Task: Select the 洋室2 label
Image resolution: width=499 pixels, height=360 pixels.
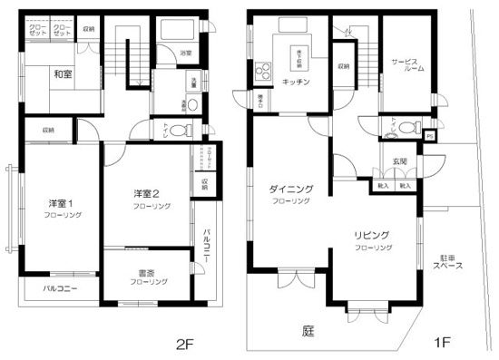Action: click(x=147, y=193)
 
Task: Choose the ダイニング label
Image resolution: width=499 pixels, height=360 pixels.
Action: click(x=291, y=189)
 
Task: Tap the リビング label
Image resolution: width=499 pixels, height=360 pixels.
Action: click(x=372, y=235)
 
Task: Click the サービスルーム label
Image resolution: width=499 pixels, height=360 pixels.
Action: click(x=406, y=65)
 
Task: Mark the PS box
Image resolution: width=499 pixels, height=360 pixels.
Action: click(x=429, y=135)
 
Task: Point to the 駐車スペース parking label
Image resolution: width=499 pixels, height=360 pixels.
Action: click(x=448, y=262)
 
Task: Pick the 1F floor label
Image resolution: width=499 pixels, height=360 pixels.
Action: click(x=442, y=344)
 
